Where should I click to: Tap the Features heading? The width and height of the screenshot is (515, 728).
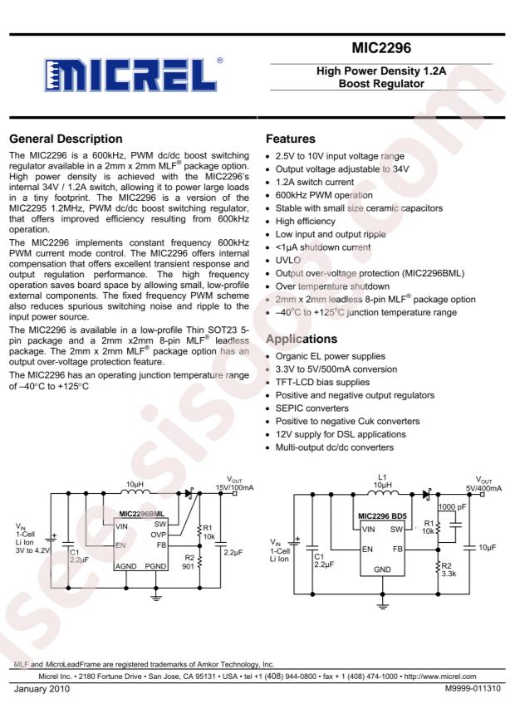pos(290,139)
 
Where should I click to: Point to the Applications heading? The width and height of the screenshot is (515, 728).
pos(303,340)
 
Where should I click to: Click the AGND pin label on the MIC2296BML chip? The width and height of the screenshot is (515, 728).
pos(127,565)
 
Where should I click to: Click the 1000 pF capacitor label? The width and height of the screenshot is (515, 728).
pos(452,506)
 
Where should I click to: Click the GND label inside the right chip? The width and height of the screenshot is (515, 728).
pos(382,569)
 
